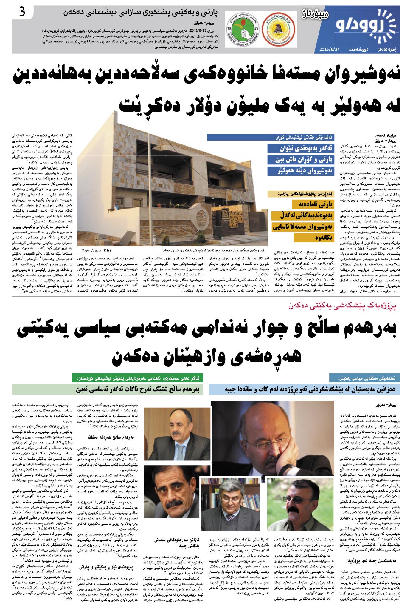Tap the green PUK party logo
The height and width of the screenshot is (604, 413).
(x=244, y=29)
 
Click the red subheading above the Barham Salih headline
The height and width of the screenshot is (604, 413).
(x=343, y=306)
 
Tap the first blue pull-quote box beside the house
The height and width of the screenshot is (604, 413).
(x=301, y=148)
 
